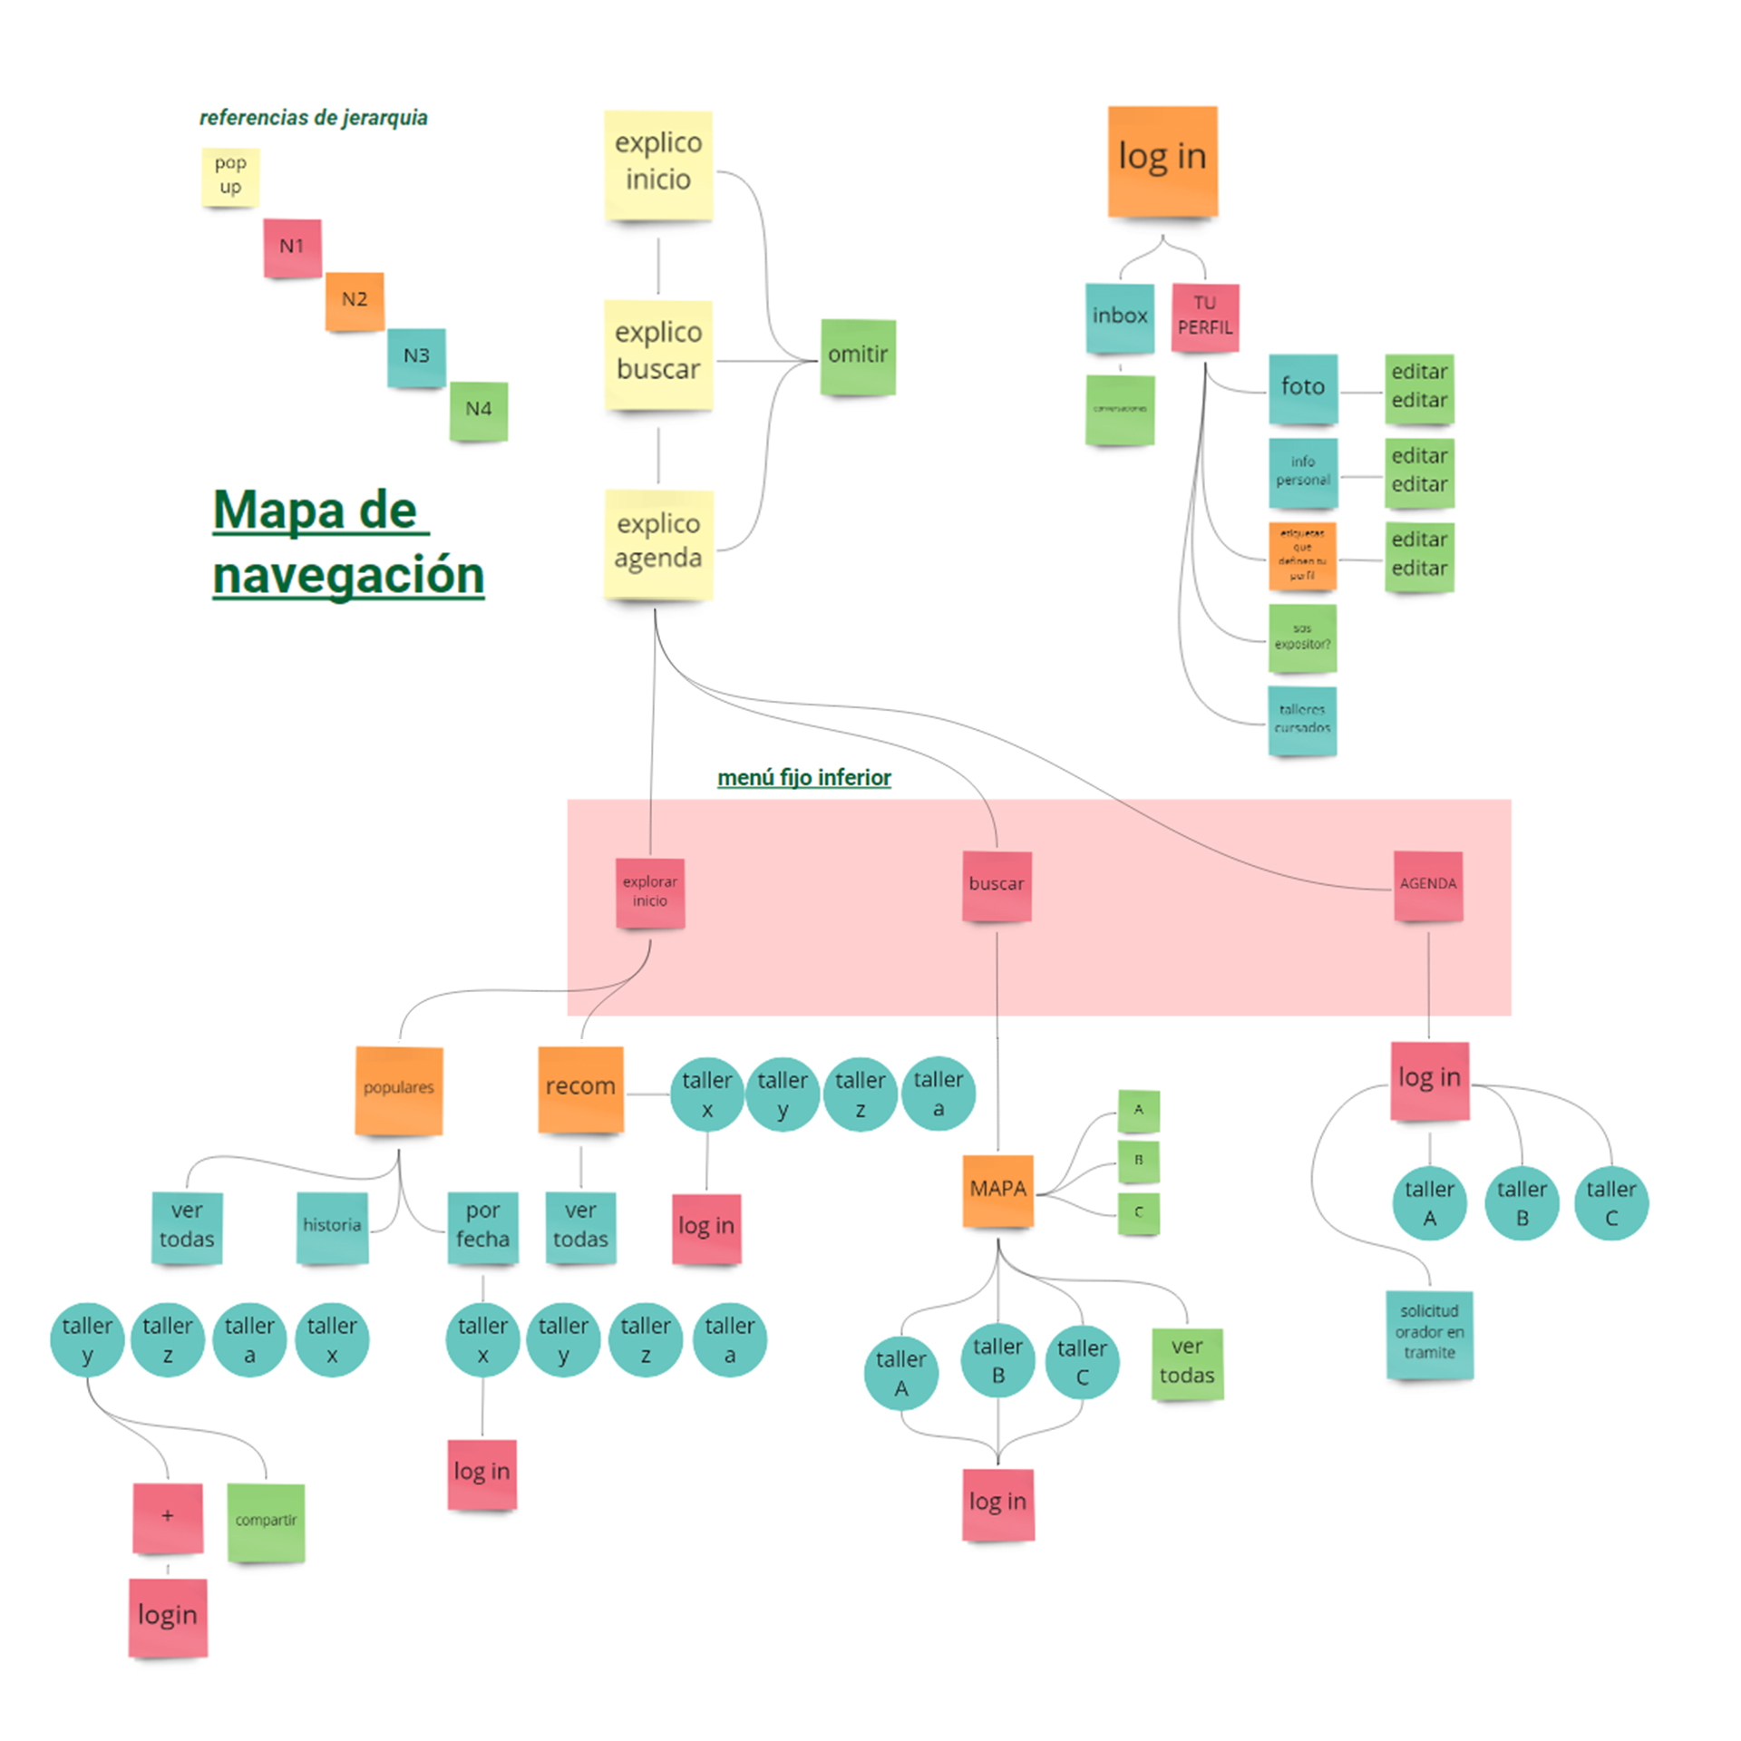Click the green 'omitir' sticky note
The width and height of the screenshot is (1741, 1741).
coord(857,355)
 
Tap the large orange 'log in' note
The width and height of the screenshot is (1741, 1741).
coord(1162,160)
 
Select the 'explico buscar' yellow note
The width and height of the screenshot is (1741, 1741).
coord(658,354)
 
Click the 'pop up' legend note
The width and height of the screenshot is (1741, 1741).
coord(230,176)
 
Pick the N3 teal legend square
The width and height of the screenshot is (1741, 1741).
coord(416,356)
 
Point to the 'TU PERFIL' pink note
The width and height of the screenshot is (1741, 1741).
coord(1204,317)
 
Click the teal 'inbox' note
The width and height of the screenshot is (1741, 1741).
coord(1119,317)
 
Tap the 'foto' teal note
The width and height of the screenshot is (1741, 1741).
coord(1302,388)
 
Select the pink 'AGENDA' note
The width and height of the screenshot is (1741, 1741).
coord(1427,885)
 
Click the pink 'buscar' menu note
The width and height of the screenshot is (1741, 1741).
coord(996,885)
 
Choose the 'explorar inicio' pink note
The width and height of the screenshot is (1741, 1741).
coord(649,892)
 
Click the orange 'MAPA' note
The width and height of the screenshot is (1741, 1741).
coord(997,1190)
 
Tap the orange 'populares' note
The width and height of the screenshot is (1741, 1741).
coord(398,1089)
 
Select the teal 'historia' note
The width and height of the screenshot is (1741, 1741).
coord(332,1226)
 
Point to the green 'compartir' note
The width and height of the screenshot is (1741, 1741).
coord(266,1522)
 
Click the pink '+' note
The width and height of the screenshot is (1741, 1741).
coord(168,1517)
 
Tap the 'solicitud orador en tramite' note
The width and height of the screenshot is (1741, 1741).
coord(1429,1333)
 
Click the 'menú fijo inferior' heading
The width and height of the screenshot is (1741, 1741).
coord(803,777)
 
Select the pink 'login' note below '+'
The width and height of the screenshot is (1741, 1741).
coord(168,1617)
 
